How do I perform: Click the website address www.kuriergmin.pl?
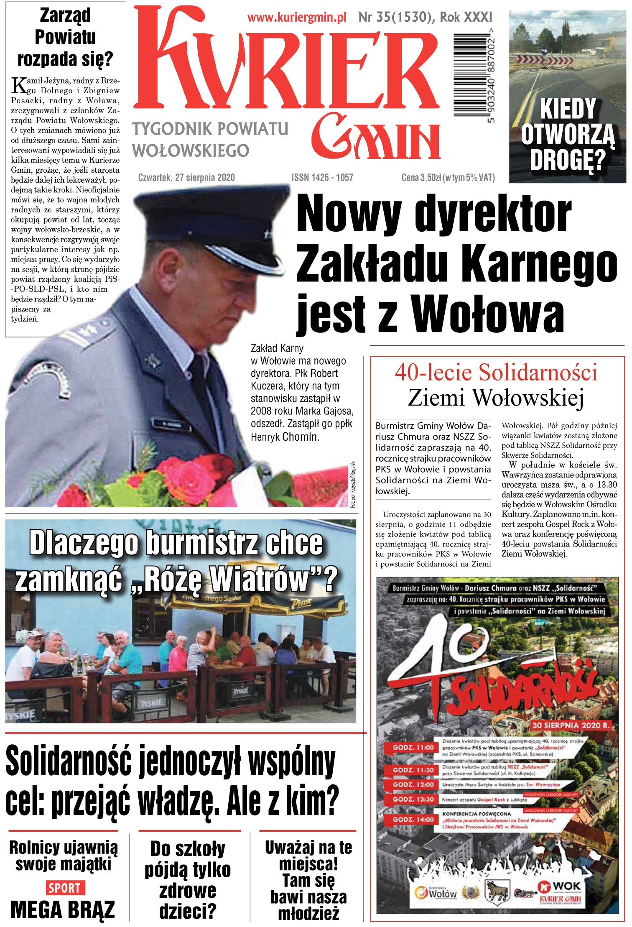coord(297,18)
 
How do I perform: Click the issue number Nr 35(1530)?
coord(395,17)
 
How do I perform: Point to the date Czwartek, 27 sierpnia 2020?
coord(186,178)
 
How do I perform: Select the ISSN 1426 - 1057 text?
coord(322,178)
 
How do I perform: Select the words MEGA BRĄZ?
coord(63,910)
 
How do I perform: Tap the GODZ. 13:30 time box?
coord(413,799)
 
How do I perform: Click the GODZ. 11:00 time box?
coord(413,748)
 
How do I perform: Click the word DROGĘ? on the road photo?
coord(568,160)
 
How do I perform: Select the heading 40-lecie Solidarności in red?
coord(496,372)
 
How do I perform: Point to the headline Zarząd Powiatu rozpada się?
coord(65,37)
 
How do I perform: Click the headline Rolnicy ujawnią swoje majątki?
coord(64,855)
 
